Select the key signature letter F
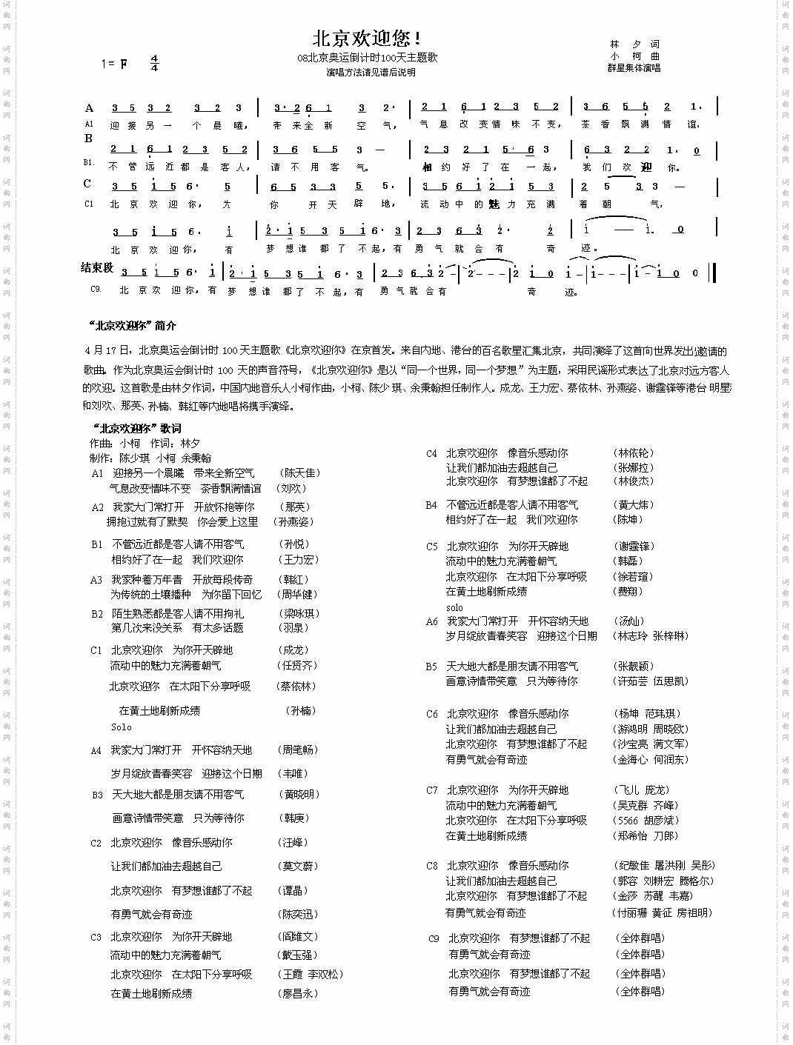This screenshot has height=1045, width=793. coord(124,64)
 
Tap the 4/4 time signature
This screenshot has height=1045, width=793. coord(154,63)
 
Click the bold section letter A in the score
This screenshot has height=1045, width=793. coord(89,108)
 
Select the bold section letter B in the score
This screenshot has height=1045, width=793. coord(88,138)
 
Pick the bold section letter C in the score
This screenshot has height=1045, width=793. coord(87,184)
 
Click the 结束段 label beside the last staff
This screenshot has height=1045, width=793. coord(97,267)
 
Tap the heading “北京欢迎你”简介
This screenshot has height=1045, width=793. coord(132,325)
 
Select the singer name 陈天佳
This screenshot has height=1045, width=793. coord(301,473)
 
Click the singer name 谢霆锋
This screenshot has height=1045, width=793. coord(635,546)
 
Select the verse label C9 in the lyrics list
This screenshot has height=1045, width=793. coord(434,938)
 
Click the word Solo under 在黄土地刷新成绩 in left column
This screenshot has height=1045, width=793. coord(122,727)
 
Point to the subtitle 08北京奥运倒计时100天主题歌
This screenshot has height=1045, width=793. coord(367,58)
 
